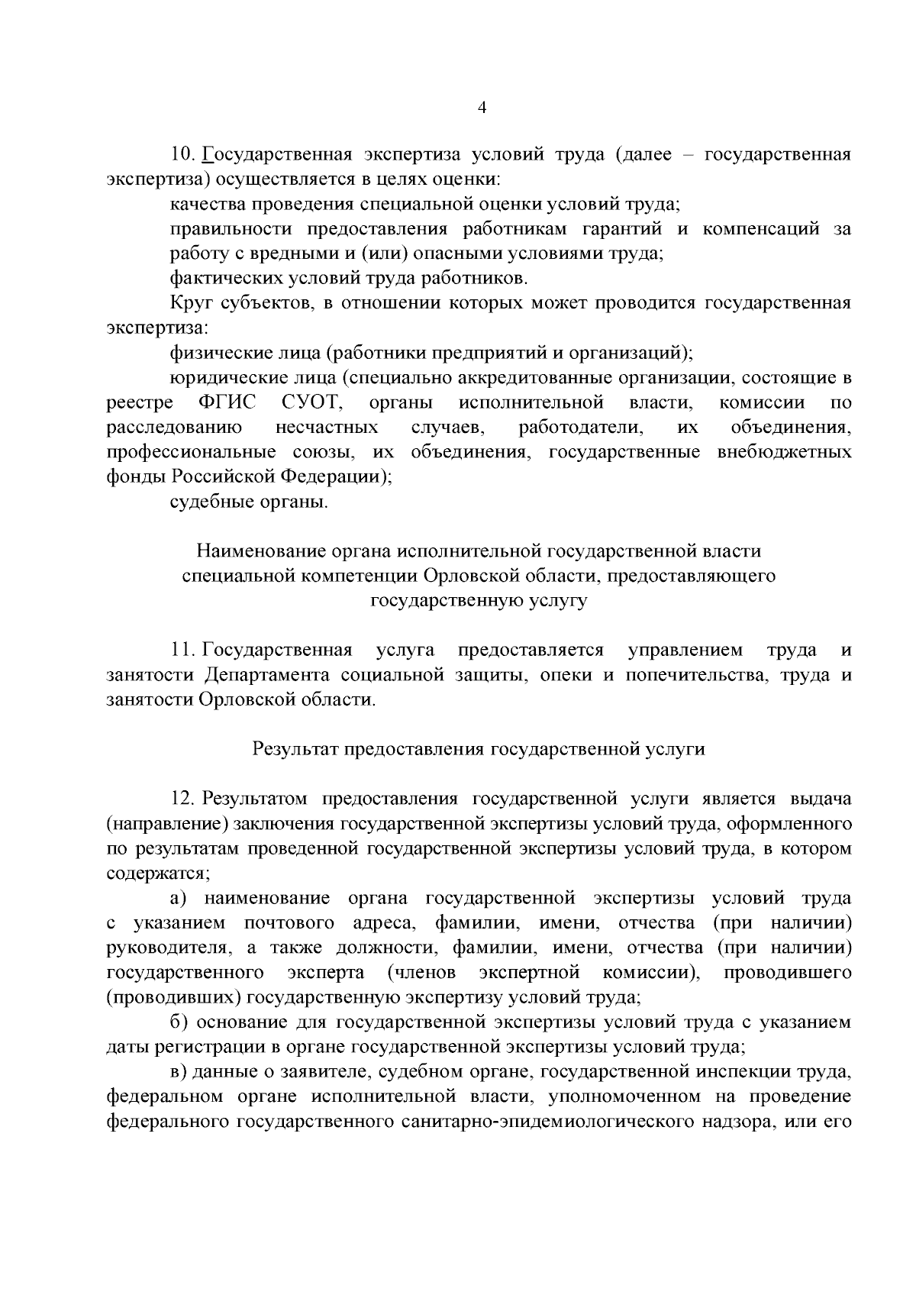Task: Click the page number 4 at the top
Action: pyautogui.click(x=481, y=108)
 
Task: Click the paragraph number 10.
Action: pyautogui.click(x=184, y=156)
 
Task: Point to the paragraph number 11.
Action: pyautogui.click(x=184, y=651)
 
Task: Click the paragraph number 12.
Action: pyautogui.click(x=184, y=799)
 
